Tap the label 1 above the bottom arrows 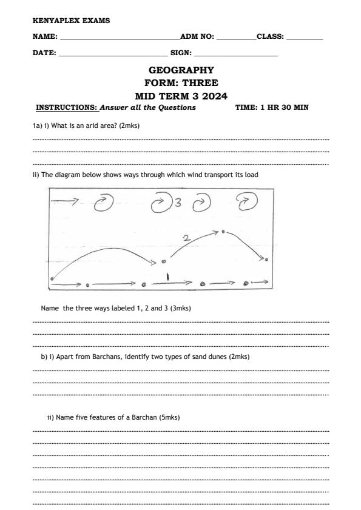(x=168, y=277)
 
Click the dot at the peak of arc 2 (x=224, y=231)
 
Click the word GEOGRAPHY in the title (x=181, y=70)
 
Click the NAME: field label (x=45, y=37)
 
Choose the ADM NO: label (x=197, y=37)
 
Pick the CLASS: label (x=271, y=37)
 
